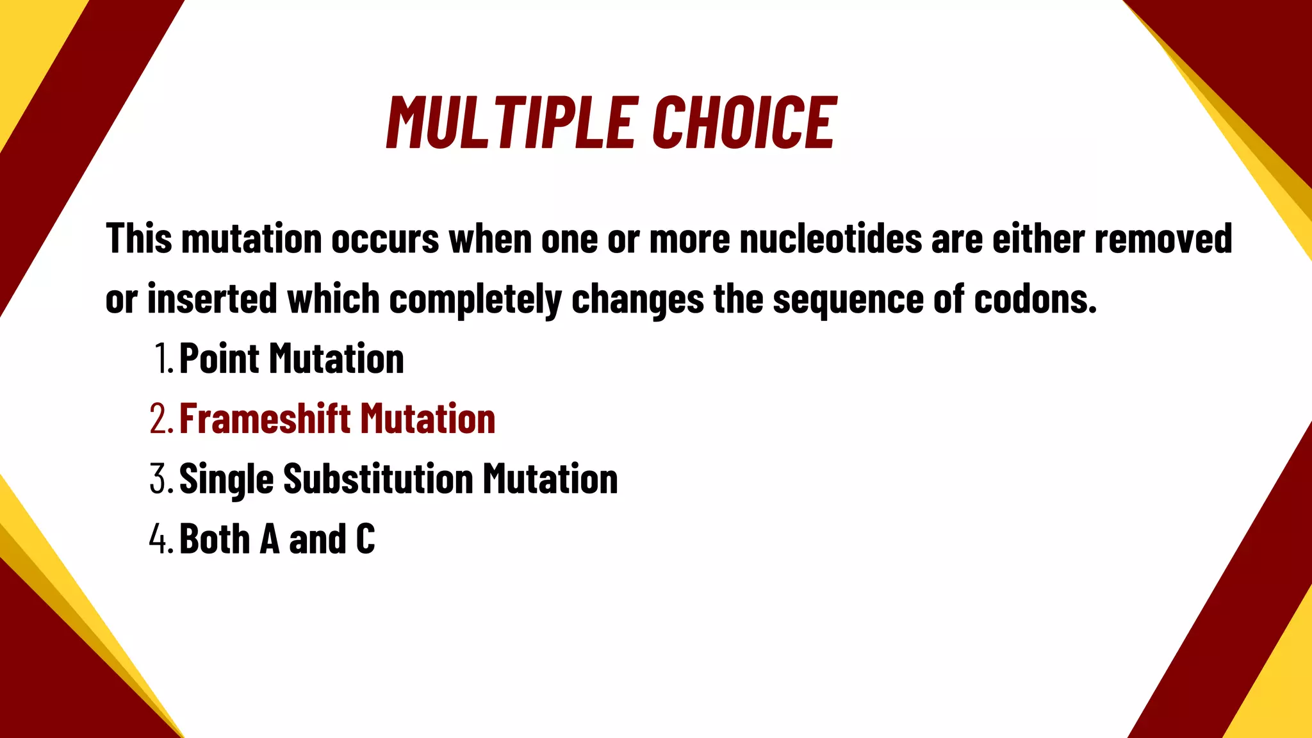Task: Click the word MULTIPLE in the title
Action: [512, 122]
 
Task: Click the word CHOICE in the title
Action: [744, 122]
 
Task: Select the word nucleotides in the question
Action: [830, 239]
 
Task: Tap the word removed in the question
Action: [1163, 239]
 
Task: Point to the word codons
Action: [1035, 299]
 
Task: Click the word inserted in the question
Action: [212, 299]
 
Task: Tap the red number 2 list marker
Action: [159, 419]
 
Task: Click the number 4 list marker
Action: [159, 539]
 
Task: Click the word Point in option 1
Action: [219, 359]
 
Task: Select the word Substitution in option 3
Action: [378, 479]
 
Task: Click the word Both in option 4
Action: [215, 539]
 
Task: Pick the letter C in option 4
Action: [365, 539]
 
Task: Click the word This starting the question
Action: [139, 239]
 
